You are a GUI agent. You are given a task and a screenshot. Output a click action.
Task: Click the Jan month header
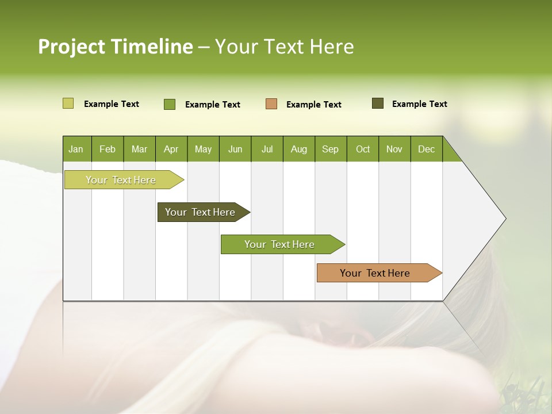[76, 149]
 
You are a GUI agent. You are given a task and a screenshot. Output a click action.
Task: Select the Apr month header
[171, 149]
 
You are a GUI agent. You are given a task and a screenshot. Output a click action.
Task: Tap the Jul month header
[267, 149]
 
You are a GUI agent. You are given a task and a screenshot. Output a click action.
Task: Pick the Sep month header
[330, 149]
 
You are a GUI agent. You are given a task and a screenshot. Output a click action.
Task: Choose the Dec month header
[426, 149]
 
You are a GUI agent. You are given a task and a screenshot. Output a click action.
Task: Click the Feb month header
[108, 149]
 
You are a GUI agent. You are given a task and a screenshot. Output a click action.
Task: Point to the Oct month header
[363, 149]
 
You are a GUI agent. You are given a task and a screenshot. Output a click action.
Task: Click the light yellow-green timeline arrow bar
[121, 180]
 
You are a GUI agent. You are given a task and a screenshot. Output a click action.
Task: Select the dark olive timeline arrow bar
[200, 212]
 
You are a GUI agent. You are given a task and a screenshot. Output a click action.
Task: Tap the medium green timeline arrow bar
[279, 244]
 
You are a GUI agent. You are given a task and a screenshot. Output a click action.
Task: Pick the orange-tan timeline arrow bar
[375, 273]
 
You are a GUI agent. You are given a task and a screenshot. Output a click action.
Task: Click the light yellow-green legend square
[68, 103]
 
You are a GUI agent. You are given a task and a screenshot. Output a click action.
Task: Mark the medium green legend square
[169, 104]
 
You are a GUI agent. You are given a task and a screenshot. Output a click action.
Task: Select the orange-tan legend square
[271, 103]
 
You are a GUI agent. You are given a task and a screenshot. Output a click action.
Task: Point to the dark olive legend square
[377, 103]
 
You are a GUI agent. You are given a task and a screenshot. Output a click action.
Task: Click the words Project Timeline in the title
[115, 47]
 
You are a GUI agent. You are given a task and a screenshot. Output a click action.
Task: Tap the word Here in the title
[332, 47]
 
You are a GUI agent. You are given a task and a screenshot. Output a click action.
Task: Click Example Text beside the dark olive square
[419, 104]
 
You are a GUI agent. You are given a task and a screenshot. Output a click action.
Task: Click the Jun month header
[235, 149]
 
